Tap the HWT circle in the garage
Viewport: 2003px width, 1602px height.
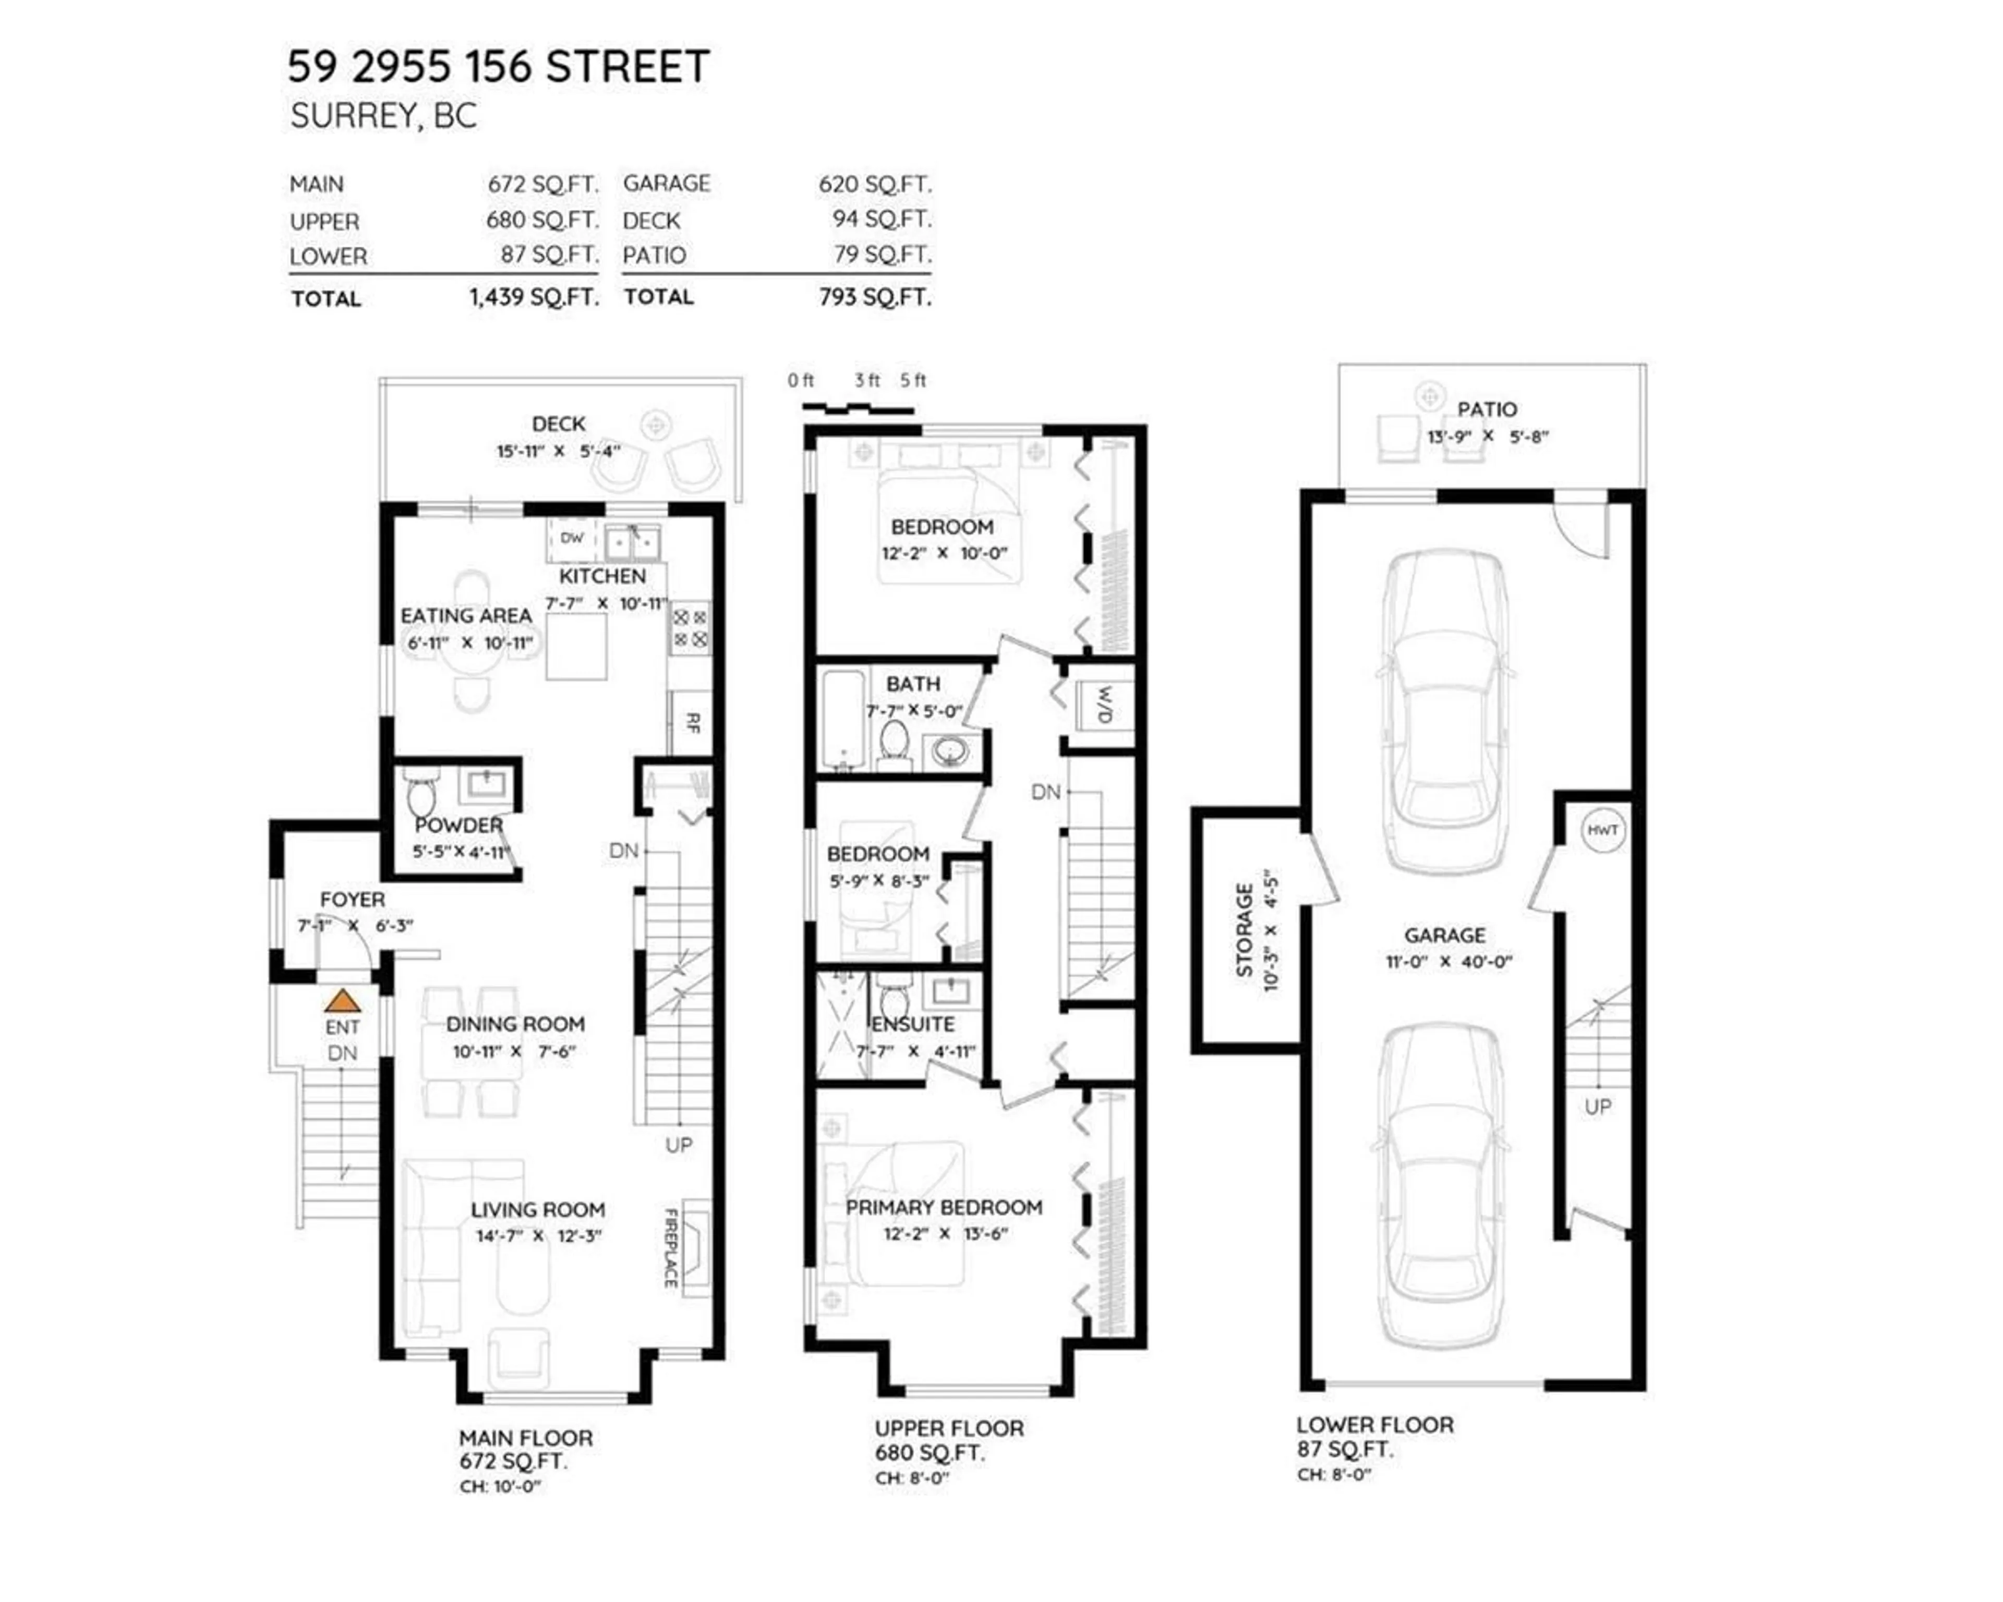[x=1602, y=830]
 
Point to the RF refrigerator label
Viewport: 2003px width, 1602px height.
[x=692, y=722]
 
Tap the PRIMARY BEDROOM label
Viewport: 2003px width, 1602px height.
[x=944, y=1207]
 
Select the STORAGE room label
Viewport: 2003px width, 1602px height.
[x=1244, y=930]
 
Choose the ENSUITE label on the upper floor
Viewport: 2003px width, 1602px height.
[x=913, y=1024]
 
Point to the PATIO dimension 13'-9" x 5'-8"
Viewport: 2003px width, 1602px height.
[x=1488, y=436]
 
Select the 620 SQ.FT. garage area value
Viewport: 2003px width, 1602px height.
[x=874, y=184]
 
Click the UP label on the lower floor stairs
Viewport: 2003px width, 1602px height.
[x=1598, y=1107]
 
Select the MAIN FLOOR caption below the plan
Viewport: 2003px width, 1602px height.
[x=526, y=1438]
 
